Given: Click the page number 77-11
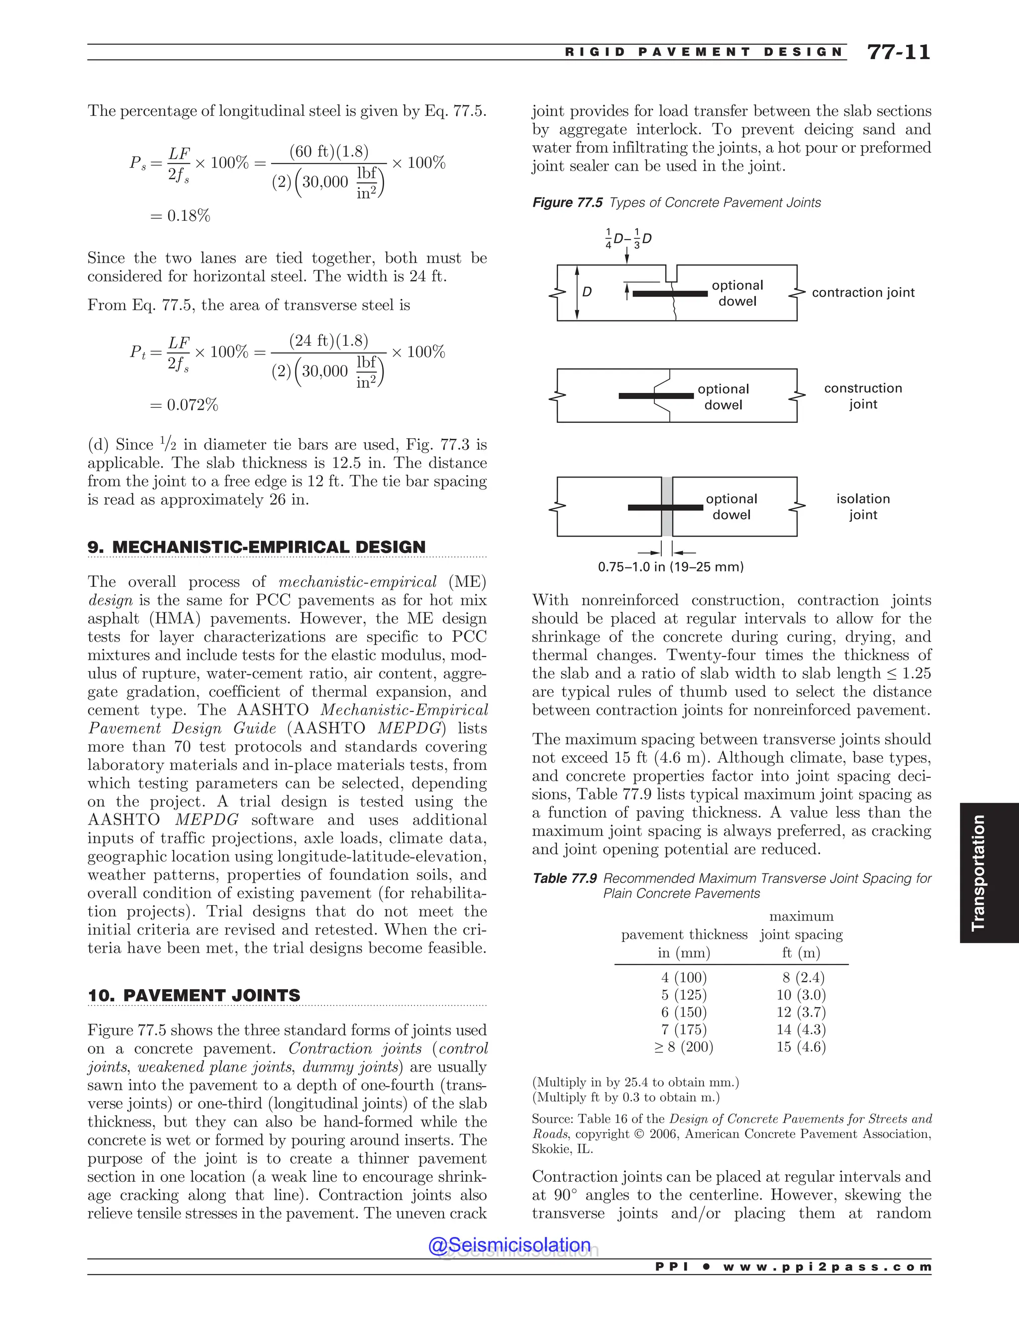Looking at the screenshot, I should click(x=898, y=52).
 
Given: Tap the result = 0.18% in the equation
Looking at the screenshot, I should click(x=180, y=215).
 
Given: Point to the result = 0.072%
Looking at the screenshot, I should click(x=184, y=404).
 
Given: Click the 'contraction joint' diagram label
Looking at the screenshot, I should click(x=863, y=292).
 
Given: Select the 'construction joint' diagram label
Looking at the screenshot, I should click(x=863, y=396).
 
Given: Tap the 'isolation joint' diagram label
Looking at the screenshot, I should click(x=863, y=506).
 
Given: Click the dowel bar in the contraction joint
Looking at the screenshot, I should click(x=670, y=294).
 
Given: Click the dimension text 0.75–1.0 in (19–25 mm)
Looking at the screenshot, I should click(x=670, y=567).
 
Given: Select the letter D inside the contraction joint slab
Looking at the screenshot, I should click(x=587, y=292).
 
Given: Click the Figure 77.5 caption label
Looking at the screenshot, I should click(x=567, y=203).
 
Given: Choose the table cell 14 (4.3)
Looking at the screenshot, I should click(x=801, y=1030).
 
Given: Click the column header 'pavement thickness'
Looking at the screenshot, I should click(x=684, y=935).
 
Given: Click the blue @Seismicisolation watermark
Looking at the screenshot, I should click(x=509, y=1245).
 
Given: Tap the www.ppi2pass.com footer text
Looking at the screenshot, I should click(x=826, y=1267).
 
